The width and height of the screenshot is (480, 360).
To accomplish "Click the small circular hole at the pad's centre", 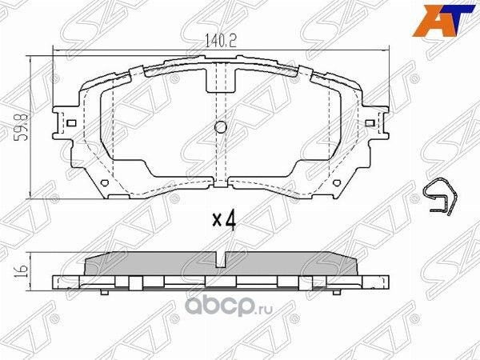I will [x=221, y=127].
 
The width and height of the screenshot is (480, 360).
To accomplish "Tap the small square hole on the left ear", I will [x=70, y=123].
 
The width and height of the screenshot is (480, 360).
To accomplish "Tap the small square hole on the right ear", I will [x=369, y=123].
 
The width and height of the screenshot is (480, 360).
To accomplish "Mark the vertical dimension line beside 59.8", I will [x=31, y=126].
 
